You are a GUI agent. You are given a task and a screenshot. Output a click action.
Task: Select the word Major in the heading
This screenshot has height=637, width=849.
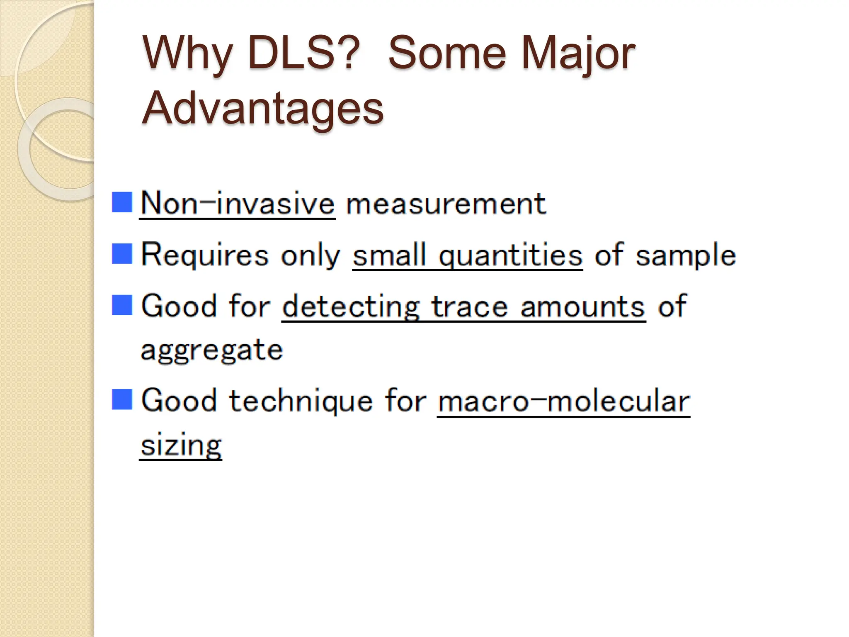click(577, 53)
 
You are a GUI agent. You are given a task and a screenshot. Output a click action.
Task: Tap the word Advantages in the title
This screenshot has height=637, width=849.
click(263, 109)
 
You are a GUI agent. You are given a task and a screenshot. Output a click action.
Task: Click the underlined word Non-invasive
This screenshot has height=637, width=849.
click(237, 204)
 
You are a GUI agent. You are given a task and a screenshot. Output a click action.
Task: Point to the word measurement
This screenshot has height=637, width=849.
click(446, 204)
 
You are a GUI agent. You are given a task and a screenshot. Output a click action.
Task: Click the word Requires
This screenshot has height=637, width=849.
click(205, 255)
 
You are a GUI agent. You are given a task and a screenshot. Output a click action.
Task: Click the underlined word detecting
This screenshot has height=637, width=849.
click(351, 307)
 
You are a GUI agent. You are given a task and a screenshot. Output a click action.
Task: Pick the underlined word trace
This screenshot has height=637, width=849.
click(470, 307)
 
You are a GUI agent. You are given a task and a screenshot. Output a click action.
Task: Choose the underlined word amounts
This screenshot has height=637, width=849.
click(583, 307)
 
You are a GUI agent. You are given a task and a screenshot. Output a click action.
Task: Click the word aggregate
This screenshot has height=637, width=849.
click(212, 350)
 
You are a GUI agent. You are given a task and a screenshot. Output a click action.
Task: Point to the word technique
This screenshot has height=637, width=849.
click(301, 401)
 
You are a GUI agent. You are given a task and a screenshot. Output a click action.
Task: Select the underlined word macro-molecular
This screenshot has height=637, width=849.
click(563, 401)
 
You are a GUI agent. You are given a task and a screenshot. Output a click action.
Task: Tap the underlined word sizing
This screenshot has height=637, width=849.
click(181, 446)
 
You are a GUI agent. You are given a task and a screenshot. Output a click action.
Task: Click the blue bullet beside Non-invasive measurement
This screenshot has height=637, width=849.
click(122, 202)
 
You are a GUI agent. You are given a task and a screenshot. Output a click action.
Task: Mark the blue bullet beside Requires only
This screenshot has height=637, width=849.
click(122, 253)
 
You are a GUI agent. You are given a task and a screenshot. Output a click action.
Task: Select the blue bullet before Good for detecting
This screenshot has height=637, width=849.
click(122, 305)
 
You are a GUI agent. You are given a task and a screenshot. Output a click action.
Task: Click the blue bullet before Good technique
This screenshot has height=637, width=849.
click(122, 399)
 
